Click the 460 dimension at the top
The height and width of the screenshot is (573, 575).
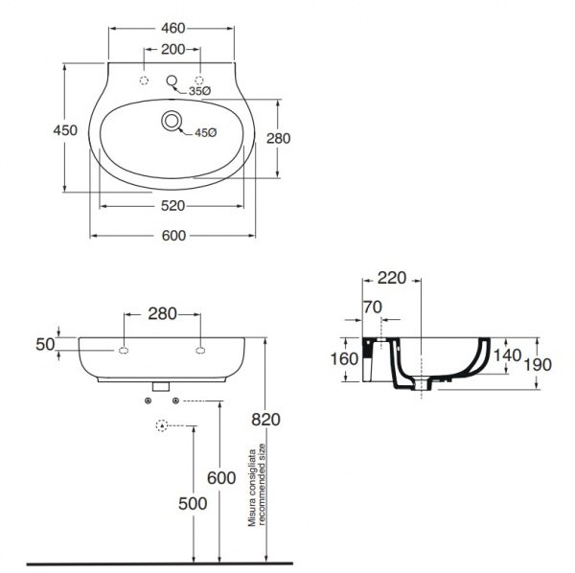tap(172, 28)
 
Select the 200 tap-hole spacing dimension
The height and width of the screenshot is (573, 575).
tap(172, 49)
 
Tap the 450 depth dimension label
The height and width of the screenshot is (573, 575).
tap(65, 130)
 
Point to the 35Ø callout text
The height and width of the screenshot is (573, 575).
tap(200, 91)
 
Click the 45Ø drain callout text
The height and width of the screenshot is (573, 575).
tap(206, 133)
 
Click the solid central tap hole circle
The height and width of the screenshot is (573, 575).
tap(172, 80)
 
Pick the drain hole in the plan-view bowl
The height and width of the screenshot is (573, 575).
tap(172, 121)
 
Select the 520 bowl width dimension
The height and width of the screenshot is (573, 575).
tap(172, 206)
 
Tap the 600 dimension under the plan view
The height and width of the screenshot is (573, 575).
tap(173, 236)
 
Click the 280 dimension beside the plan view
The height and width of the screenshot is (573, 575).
tap(278, 138)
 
